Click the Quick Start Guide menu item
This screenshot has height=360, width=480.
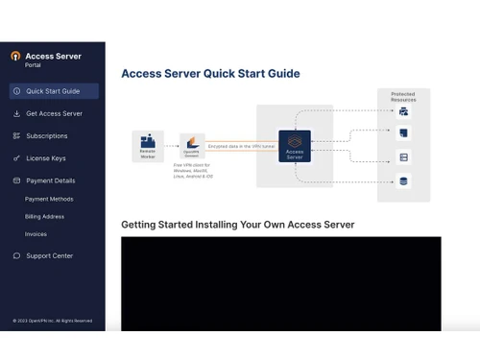point(53,91)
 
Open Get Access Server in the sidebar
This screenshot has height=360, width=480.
point(54,113)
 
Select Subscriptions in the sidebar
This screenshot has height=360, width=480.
point(47,135)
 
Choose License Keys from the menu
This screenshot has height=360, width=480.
point(45,157)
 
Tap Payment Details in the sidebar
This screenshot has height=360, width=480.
point(50,180)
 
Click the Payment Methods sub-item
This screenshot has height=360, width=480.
point(49,199)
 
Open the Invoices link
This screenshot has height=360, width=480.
point(36,234)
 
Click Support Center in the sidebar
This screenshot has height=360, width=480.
point(49,255)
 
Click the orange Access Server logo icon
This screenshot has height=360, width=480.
point(15,57)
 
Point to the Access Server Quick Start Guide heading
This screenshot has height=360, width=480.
point(210,74)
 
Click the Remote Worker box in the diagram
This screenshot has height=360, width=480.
point(148,146)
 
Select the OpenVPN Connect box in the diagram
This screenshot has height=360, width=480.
point(192,146)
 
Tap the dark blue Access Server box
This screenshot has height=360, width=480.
point(295,146)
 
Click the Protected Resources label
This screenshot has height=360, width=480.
point(402,95)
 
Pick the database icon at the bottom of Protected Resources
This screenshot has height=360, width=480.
point(403,180)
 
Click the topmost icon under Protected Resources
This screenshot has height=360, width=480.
point(403,111)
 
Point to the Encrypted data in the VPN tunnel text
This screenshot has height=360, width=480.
point(240,145)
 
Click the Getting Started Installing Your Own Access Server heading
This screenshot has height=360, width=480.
point(237,225)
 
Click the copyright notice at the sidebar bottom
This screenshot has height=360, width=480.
point(53,321)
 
